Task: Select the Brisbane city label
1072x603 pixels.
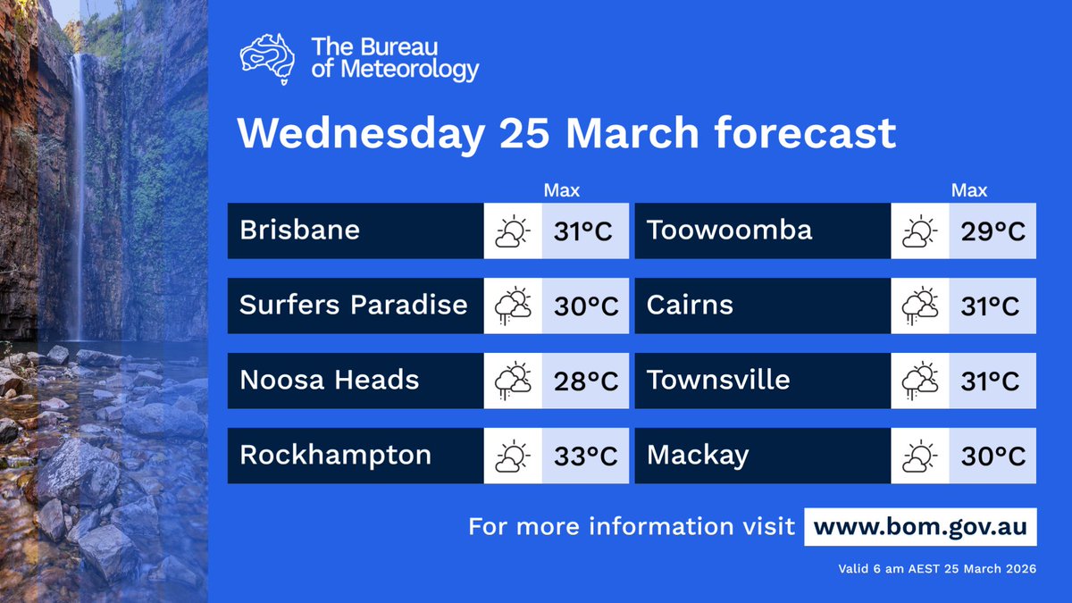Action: [299, 230]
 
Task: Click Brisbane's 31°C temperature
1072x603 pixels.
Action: [582, 231]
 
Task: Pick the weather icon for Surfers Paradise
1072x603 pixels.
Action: [513, 306]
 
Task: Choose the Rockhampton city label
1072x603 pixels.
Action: [335, 456]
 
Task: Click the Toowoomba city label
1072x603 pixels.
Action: [729, 230]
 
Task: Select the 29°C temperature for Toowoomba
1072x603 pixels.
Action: [992, 231]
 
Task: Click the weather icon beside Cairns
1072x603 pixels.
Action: [920, 306]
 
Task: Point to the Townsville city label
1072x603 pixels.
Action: [718, 381]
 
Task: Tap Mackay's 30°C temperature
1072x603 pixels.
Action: [992, 456]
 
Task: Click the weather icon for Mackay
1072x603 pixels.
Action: [920, 456]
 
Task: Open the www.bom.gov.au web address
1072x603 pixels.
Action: [920, 527]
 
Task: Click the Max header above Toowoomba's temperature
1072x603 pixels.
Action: [969, 190]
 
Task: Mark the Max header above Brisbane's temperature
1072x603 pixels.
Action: [562, 190]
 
